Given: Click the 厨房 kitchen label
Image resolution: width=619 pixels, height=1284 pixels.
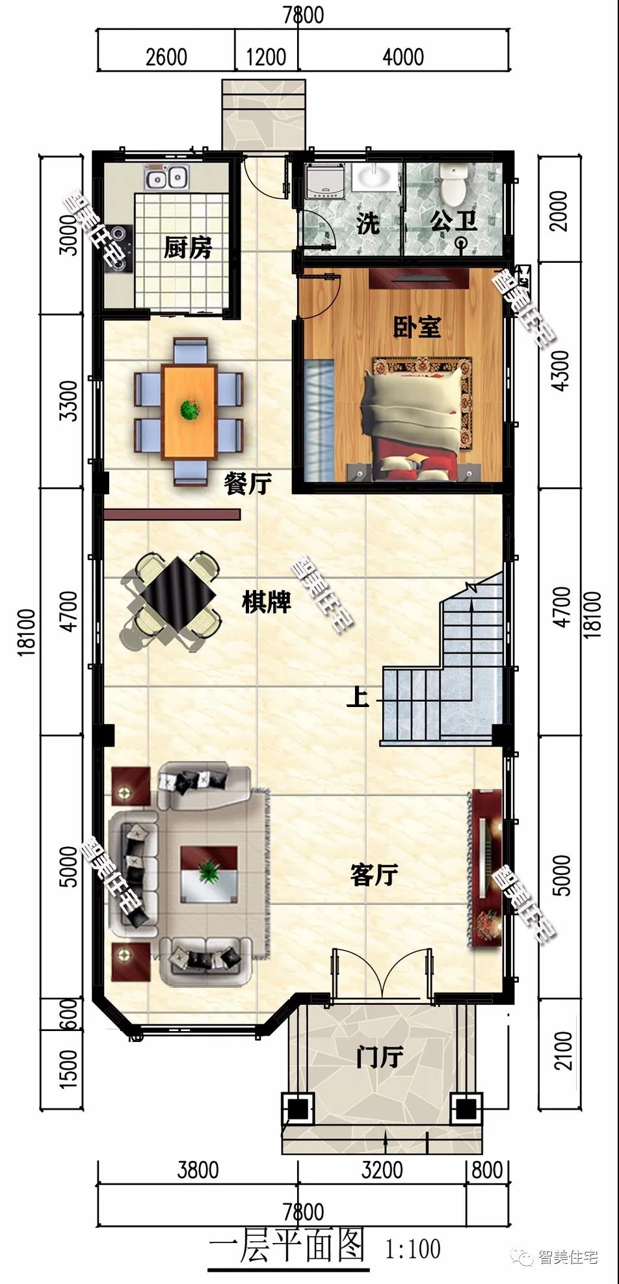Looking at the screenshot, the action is tap(187, 247).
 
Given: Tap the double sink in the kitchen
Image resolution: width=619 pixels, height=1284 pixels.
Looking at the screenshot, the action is tap(166, 176).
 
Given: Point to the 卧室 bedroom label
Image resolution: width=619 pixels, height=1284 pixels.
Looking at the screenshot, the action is tap(417, 327).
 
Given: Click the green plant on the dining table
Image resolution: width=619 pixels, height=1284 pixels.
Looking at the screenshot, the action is tap(190, 410).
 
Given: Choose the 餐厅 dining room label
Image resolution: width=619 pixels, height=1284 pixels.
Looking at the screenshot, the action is tap(247, 483).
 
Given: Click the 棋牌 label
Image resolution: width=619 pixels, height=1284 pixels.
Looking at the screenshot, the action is tap(267, 602).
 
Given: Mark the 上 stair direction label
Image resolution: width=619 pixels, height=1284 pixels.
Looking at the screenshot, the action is tap(357, 697).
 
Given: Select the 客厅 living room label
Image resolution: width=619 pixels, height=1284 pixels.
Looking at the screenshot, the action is tap(373, 875).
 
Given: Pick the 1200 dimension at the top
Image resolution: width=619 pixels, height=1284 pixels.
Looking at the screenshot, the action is tap(266, 57).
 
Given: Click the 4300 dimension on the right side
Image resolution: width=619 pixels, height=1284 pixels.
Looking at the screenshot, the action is tap(560, 370).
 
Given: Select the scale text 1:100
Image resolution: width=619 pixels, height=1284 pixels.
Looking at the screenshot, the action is tap(413, 1249).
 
